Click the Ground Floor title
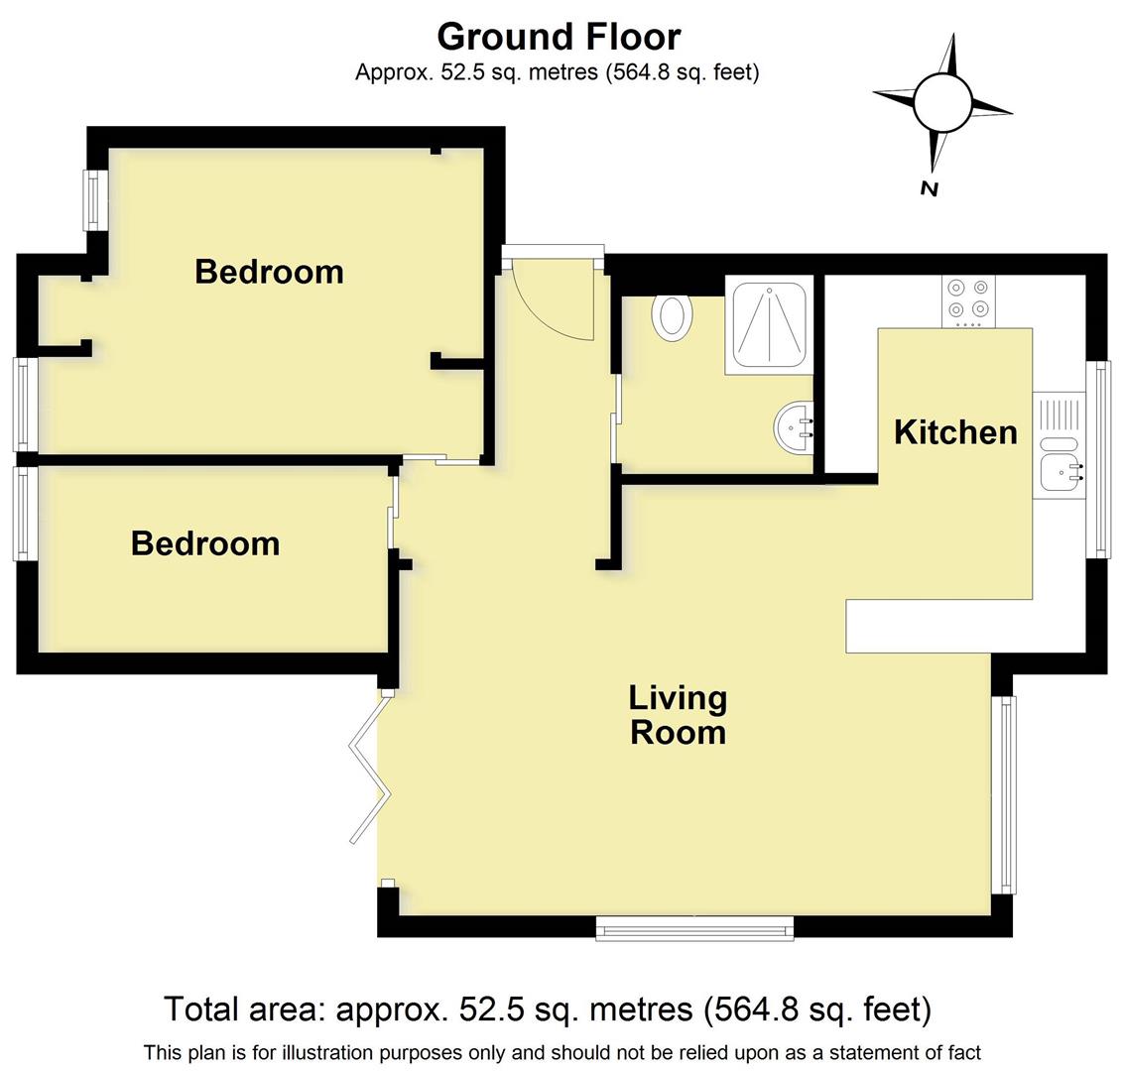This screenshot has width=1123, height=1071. coord(559,37)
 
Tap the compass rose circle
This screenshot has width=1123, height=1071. coord(941,102)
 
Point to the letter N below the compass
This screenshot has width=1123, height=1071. coord(929,188)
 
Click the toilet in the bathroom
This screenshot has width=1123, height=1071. coord(671,317)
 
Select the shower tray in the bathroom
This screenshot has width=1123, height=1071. coord(769,323)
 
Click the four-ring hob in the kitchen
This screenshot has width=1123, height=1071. coord(968,298)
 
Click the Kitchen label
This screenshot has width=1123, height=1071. coord(955,432)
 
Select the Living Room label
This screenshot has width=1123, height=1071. coord(678,715)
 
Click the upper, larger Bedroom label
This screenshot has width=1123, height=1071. coord(269,272)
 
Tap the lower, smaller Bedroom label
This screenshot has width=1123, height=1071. coord(205,543)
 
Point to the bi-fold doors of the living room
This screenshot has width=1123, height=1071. coord(368,769)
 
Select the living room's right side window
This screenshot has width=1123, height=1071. coord(1006,793)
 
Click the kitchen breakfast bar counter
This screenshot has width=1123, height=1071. coord(918,626)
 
